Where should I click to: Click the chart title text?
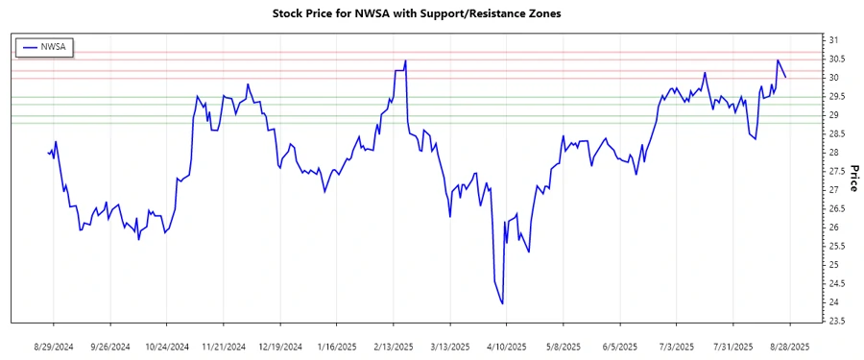click(431, 14)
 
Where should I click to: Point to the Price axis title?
click(852, 178)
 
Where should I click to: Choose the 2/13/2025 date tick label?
click(394, 347)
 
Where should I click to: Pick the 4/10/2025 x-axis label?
click(507, 347)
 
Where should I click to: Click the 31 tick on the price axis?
click(833, 40)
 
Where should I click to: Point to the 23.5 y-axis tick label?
click(836, 321)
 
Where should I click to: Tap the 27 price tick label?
click(833, 190)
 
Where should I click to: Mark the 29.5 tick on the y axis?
click(836, 96)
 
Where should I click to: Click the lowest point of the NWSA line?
click(503, 304)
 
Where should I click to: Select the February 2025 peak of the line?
click(406, 60)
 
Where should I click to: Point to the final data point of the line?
click(786, 78)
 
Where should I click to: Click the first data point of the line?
click(48, 152)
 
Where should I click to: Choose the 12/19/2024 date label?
click(281, 347)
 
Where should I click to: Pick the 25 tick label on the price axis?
click(833, 265)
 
